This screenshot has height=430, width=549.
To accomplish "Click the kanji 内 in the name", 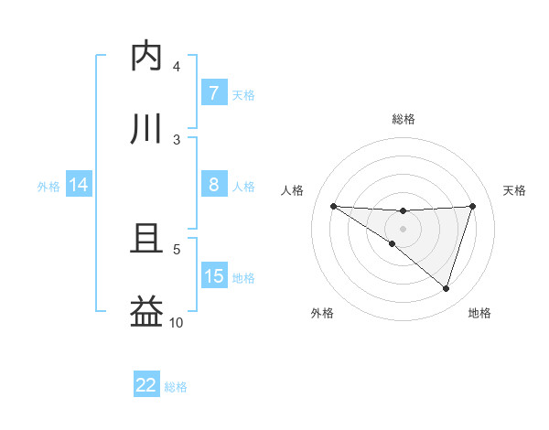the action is click(x=146, y=57).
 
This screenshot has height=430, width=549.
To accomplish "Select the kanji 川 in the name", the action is click(x=146, y=130).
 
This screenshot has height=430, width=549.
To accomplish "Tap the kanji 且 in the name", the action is click(x=146, y=239).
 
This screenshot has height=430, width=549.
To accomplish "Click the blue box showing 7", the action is click(x=213, y=92).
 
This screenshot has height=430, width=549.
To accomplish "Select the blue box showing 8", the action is click(x=213, y=184).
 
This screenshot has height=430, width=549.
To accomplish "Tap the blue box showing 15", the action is click(x=213, y=275).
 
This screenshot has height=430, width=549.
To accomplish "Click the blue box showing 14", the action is click(x=79, y=185).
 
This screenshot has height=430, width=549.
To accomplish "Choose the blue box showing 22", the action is click(x=146, y=385).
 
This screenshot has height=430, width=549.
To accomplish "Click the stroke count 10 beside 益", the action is click(x=177, y=322).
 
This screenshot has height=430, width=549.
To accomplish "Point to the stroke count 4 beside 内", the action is click(x=177, y=66).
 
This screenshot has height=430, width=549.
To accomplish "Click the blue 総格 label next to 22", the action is click(x=176, y=387).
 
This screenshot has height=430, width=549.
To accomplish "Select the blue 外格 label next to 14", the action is click(x=48, y=186).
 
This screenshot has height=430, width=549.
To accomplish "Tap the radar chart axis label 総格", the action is click(x=403, y=119).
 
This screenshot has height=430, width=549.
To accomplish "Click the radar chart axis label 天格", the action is click(x=515, y=190).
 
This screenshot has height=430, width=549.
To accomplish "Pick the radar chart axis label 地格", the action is click(x=479, y=313).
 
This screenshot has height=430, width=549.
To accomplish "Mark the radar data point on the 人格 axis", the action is click(x=333, y=206).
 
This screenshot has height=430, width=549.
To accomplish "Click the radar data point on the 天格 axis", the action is click(x=472, y=206).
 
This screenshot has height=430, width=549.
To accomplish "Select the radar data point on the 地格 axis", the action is click(x=446, y=288).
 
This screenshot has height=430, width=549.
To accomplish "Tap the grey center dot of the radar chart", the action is click(x=403, y=229).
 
